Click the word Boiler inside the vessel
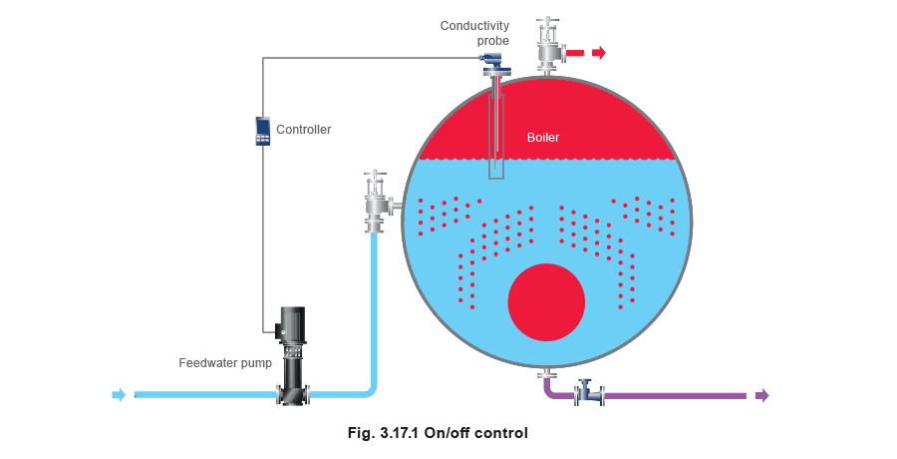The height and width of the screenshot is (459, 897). pos(543,138)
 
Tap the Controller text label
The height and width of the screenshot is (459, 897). pos(303,130)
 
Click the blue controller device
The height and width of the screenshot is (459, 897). pos(262,131)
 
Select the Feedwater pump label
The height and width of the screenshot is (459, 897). pos(225,363)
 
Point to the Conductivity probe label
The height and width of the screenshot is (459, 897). pos(474,33)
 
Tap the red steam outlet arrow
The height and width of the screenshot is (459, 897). pos(598,53)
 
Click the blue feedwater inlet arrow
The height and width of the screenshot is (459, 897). pos(119,395)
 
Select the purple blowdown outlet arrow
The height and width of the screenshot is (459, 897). pos(762,395)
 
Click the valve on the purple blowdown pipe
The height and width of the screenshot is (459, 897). pos(590,393)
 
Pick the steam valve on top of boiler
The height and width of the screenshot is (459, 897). pos(548,46)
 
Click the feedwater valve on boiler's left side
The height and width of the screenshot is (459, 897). pos(378,202)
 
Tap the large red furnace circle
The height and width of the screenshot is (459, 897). pos(546,302)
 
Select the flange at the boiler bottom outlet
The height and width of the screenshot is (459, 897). pos(547,375)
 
